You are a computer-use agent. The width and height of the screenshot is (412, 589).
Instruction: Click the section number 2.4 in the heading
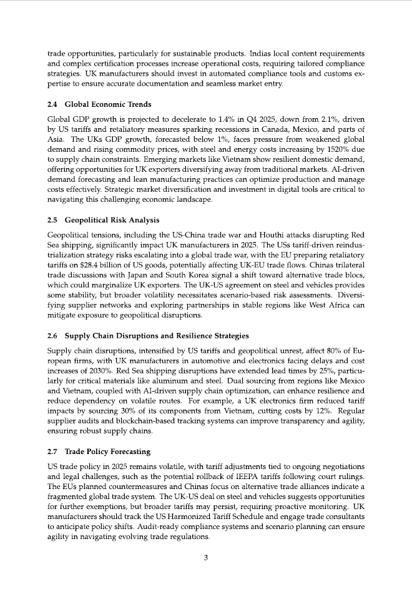[x=54, y=104]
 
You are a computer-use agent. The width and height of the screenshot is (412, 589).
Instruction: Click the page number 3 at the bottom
[x=205, y=558]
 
